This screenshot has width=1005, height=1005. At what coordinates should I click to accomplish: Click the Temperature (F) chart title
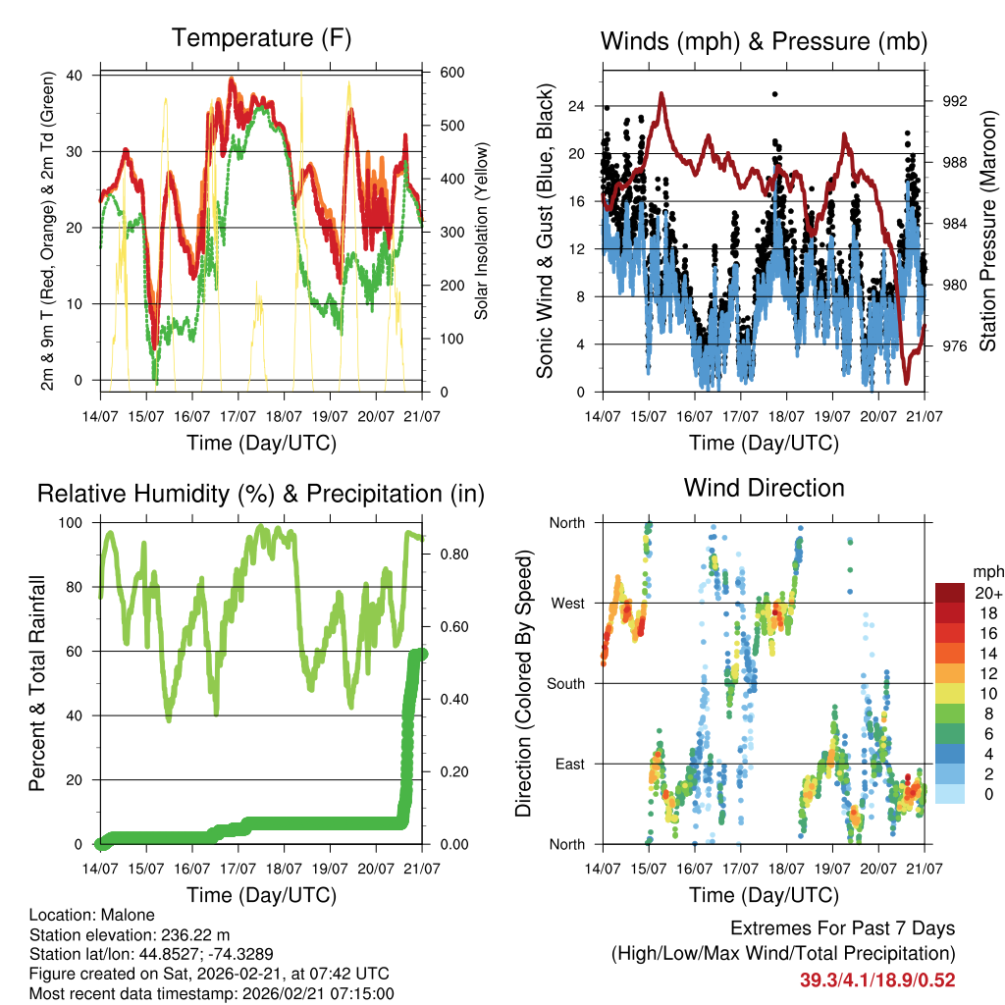point(261,38)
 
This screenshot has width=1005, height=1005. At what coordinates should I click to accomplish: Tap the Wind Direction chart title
point(764,488)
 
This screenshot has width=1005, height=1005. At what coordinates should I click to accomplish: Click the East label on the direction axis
point(568,764)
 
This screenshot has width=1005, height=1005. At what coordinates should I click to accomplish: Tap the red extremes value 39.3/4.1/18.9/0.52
point(877,980)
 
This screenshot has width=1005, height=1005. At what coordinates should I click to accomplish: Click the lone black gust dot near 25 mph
point(774,94)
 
